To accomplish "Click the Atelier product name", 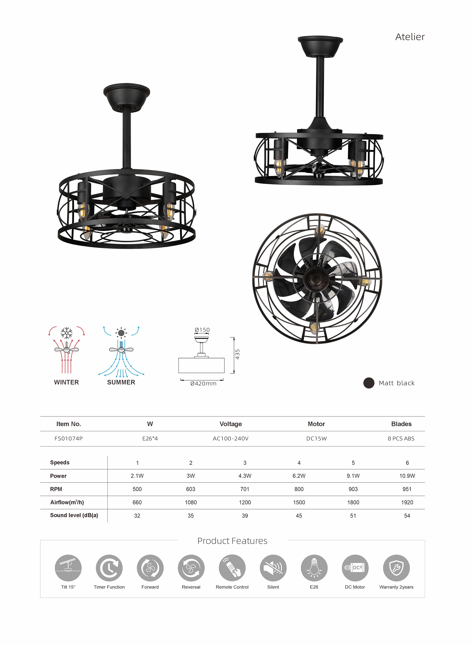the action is [x=410, y=37].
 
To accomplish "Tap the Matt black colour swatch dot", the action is [x=369, y=383].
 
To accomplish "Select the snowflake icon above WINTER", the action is [x=67, y=333].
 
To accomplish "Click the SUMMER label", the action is [x=121, y=382].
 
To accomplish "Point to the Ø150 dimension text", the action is [x=202, y=330].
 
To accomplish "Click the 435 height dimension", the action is [x=237, y=354].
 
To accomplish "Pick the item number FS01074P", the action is [x=69, y=439].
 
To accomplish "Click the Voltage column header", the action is [x=231, y=424].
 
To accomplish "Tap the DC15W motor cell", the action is [x=316, y=439].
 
